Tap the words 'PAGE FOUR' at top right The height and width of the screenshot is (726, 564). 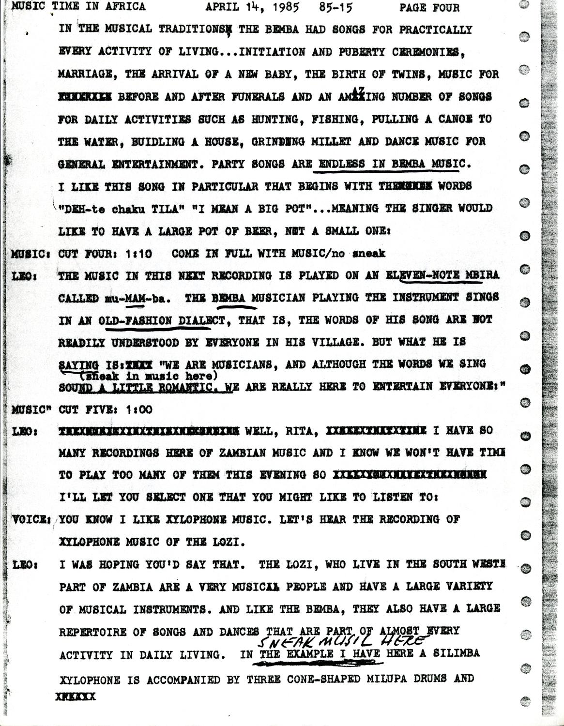coord(429,7)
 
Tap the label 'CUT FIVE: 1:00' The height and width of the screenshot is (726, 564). coord(105,409)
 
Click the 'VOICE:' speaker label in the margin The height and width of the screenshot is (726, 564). coord(31,519)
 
